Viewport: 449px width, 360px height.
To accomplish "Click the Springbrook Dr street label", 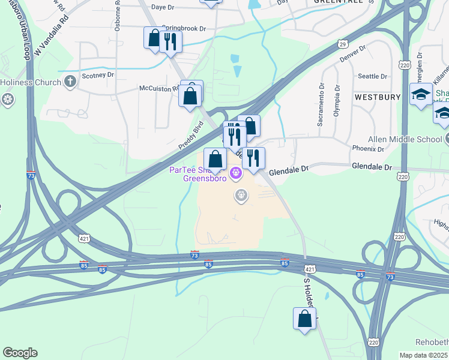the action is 184,28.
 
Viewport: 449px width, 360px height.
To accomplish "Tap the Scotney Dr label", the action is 98,75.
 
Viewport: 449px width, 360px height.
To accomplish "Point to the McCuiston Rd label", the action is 159,88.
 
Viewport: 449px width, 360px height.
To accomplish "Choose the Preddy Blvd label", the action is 191,136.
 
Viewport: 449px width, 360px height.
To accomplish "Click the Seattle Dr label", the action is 372,76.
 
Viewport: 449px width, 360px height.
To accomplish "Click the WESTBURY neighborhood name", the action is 377,97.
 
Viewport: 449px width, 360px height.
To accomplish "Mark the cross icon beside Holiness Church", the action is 70,82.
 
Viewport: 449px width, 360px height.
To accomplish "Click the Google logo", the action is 20,353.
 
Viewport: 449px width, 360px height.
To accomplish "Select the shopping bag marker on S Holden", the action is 304,319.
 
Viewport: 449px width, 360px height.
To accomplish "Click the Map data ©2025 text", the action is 423,355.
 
